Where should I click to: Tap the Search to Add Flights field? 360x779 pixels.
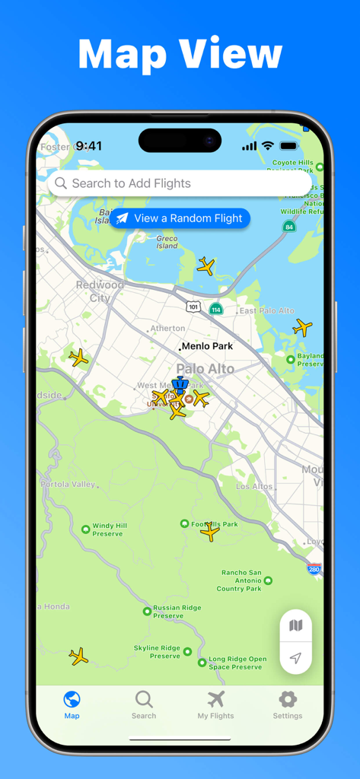click(x=180, y=183)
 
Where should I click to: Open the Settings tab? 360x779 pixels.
click(x=288, y=704)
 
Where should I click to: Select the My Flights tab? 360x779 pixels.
click(x=216, y=704)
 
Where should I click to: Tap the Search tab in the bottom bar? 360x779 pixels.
click(x=144, y=704)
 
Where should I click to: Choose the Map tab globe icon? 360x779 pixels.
click(x=72, y=700)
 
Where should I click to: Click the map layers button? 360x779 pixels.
click(x=296, y=626)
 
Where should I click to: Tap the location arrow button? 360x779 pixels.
click(x=296, y=658)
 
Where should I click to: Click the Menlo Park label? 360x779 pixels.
click(x=207, y=346)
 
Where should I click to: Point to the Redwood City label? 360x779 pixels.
click(x=100, y=291)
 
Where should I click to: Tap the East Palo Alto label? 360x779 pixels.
click(x=266, y=311)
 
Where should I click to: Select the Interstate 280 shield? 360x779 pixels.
click(x=314, y=569)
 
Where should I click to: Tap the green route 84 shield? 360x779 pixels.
click(x=288, y=227)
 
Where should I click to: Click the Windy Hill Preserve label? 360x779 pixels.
click(x=109, y=529)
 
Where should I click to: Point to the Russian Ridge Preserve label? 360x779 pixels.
click(x=177, y=612)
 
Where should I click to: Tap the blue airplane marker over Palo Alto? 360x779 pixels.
click(x=180, y=386)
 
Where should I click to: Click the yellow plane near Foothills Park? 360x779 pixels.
click(x=210, y=532)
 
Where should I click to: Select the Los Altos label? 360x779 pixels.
click(x=254, y=486)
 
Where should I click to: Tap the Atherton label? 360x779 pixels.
click(x=167, y=329)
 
